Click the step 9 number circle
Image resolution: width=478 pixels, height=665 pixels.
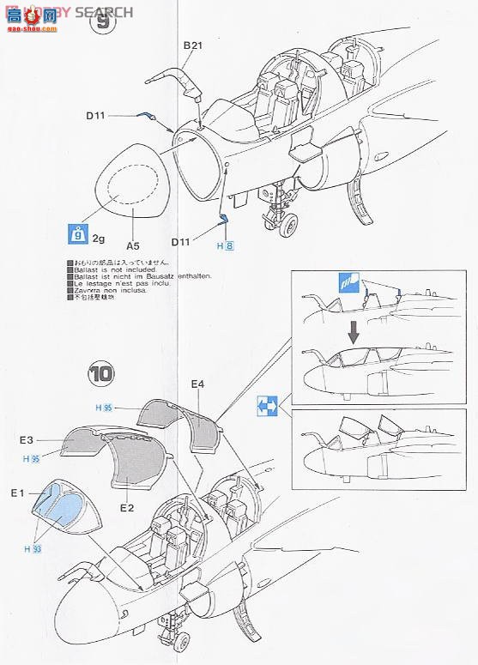[x=102, y=22]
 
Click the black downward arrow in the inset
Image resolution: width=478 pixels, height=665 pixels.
[x=352, y=330]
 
